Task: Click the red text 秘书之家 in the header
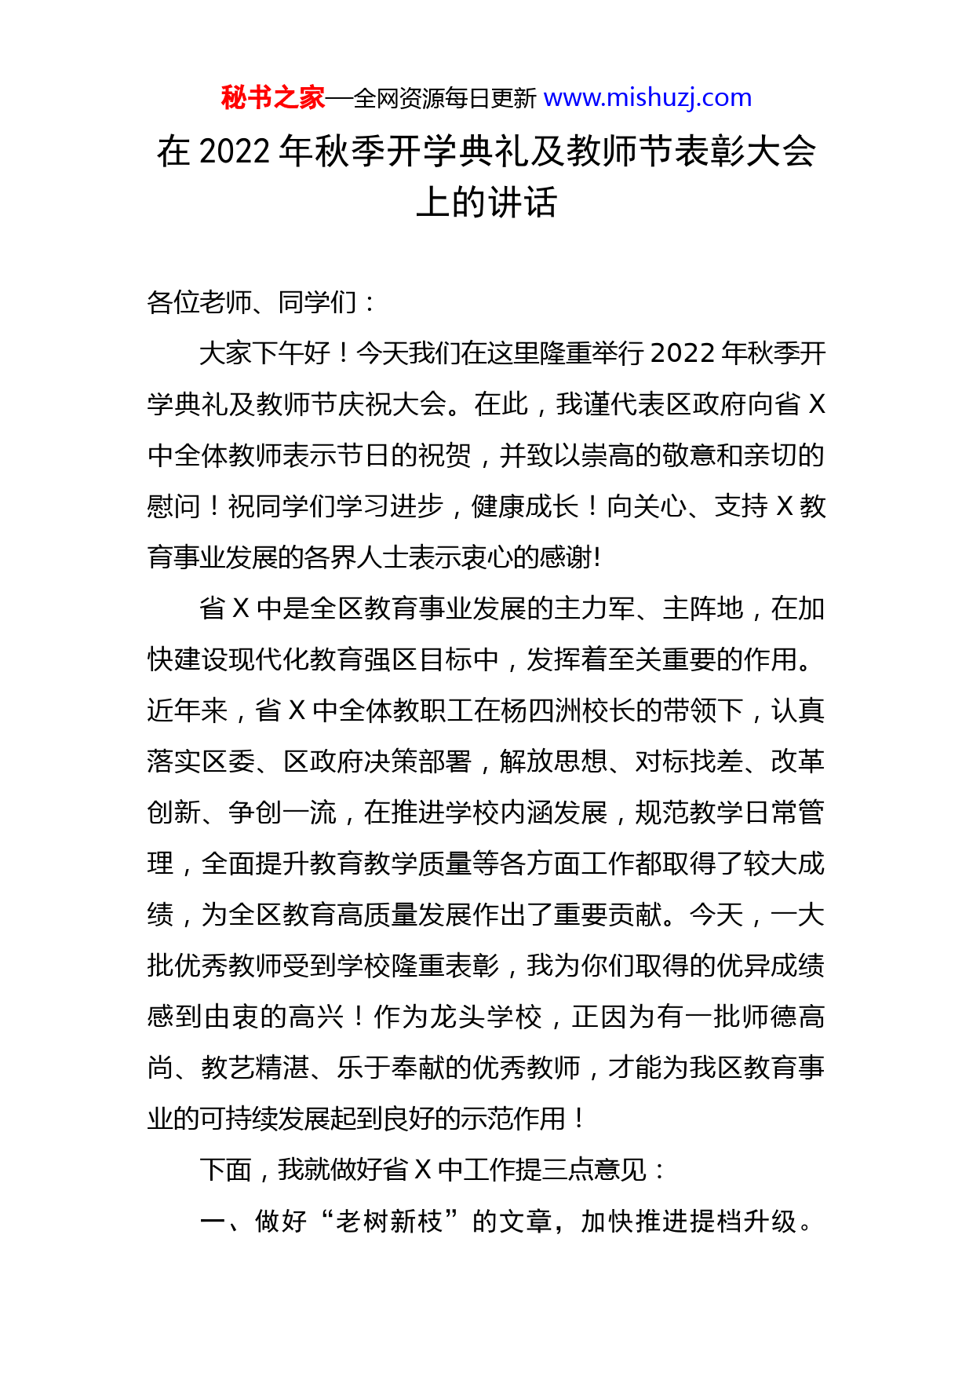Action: (272, 98)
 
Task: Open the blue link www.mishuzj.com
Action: (647, 98)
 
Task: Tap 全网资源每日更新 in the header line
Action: (444, 99)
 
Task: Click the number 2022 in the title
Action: (235, 152)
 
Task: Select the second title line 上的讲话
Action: (486, 203)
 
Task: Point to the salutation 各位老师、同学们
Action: (252, 302)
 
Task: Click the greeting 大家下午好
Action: (264, 353)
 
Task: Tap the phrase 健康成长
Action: (525, 506)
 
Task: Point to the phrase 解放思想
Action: (553, 762)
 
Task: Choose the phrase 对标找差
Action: (689, 762)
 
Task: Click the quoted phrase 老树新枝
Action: (389, 1222)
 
